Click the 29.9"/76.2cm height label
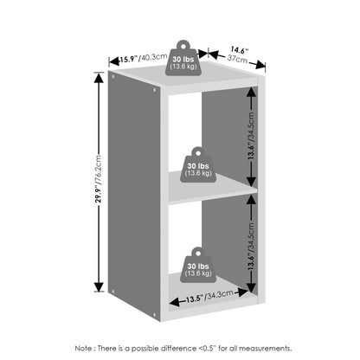coord(99,179)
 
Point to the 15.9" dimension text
coord(128,59)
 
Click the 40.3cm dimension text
coord(153,57)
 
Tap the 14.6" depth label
coord(239,50)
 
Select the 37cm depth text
coord(237,59)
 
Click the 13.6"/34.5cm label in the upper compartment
coord(251,136)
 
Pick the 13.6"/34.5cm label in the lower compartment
coord(251,246)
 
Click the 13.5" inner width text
coord(195,299)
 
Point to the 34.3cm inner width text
coord(219,295)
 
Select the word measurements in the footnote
coord(265,348)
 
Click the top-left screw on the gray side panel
coord(112,77)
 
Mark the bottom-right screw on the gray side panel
coord(155,314)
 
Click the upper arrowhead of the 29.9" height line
coord(100,78)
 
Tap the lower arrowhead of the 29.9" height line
coord(100,286)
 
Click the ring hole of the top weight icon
coord(183,45)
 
